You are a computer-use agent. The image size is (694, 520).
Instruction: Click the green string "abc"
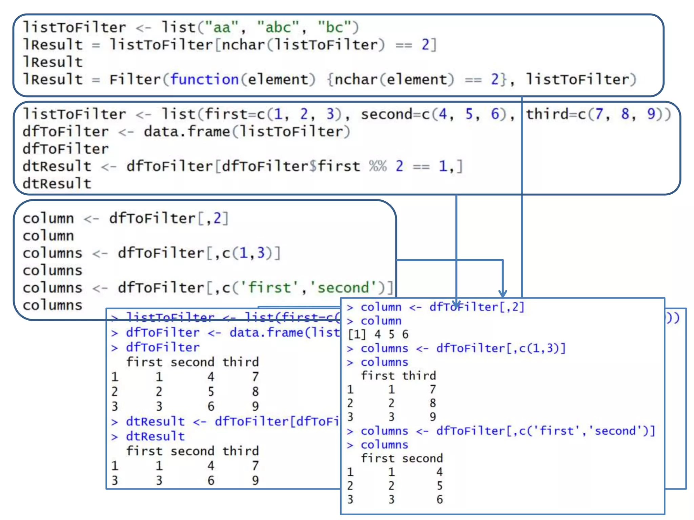pyautogui.click(x=278, y=27)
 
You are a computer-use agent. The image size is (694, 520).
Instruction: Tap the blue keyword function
pyautogui.click(x=205, y=80)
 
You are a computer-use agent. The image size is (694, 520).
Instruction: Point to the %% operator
pyautogui.click(x=378, y=166)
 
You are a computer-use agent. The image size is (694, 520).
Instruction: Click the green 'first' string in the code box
pyautogui.click(x=269, y=288)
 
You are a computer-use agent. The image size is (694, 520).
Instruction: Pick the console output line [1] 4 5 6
pyautogui.click(x=378, y=334)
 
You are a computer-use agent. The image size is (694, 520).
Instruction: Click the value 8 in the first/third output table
pyautogui.click(x=433, y=403)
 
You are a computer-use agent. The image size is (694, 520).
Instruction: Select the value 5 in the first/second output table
pyautogui.click(x=440, y=486)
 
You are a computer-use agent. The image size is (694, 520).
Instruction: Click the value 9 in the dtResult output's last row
pyautogui.click(x=255, y=480)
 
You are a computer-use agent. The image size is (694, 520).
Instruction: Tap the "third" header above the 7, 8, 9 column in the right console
pyautogui.click(x=419, y=376)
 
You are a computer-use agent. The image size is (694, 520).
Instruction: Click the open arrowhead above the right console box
pyautogui.click(x=503, y=293)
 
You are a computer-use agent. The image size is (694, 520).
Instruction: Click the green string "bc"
pyautogui.click(x=334, y=27)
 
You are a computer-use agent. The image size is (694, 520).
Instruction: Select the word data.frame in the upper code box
pyautogui.click(x=187, y=132)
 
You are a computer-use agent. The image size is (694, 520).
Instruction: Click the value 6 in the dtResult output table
pyautogui.click(x=211, y=480)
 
